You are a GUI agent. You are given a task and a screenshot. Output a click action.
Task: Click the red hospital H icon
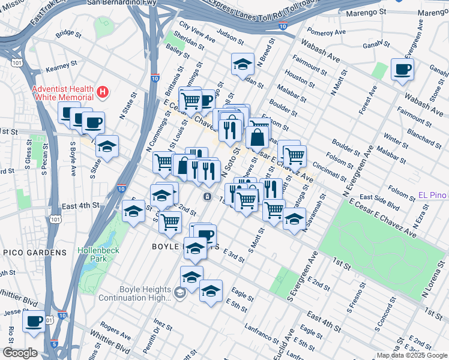103,92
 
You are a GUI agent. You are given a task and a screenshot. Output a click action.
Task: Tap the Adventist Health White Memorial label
63,92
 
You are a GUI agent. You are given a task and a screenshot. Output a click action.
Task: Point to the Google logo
20,353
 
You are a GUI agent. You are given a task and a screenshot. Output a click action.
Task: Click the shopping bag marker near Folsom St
257,137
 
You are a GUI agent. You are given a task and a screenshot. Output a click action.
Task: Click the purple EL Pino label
432,196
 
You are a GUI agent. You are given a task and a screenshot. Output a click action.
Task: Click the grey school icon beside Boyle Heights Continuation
179,292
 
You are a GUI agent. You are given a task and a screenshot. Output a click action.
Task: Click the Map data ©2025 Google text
412,355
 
